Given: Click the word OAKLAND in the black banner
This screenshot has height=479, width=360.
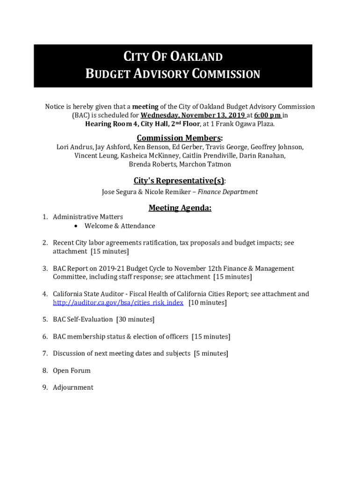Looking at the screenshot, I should (x=196, y=57).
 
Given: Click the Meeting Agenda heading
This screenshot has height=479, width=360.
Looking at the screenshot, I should (x=180, y=208).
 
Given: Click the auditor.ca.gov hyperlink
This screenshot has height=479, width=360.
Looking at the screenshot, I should (x=118, y=303).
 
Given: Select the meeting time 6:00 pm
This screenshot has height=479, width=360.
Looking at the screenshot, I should (x=268, y=115).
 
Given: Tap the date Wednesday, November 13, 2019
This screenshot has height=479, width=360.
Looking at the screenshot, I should (x=193, y=115).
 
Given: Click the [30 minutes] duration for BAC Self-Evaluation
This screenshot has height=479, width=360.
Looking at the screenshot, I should (x=135, y=319).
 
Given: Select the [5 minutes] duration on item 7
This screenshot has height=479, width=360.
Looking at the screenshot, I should (x=211, y=354).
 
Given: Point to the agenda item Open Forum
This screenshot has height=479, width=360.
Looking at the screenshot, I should (x=72, y=370).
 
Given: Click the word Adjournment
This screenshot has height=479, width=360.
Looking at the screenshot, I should (x=73, y=387).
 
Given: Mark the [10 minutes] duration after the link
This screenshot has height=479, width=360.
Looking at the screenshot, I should (x=208, y=303).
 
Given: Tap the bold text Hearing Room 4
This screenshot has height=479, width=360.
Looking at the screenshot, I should (x=112, y=124).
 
